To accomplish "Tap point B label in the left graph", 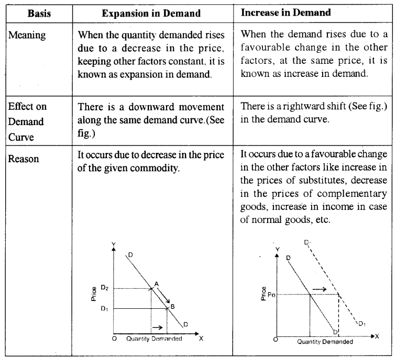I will (x=172, y=306).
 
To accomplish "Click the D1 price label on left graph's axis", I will (x=104, y=309).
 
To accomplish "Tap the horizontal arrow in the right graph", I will (x=321, y=288).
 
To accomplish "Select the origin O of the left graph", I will (x=113, y=339).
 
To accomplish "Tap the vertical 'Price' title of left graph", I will (x=93, y=296).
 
